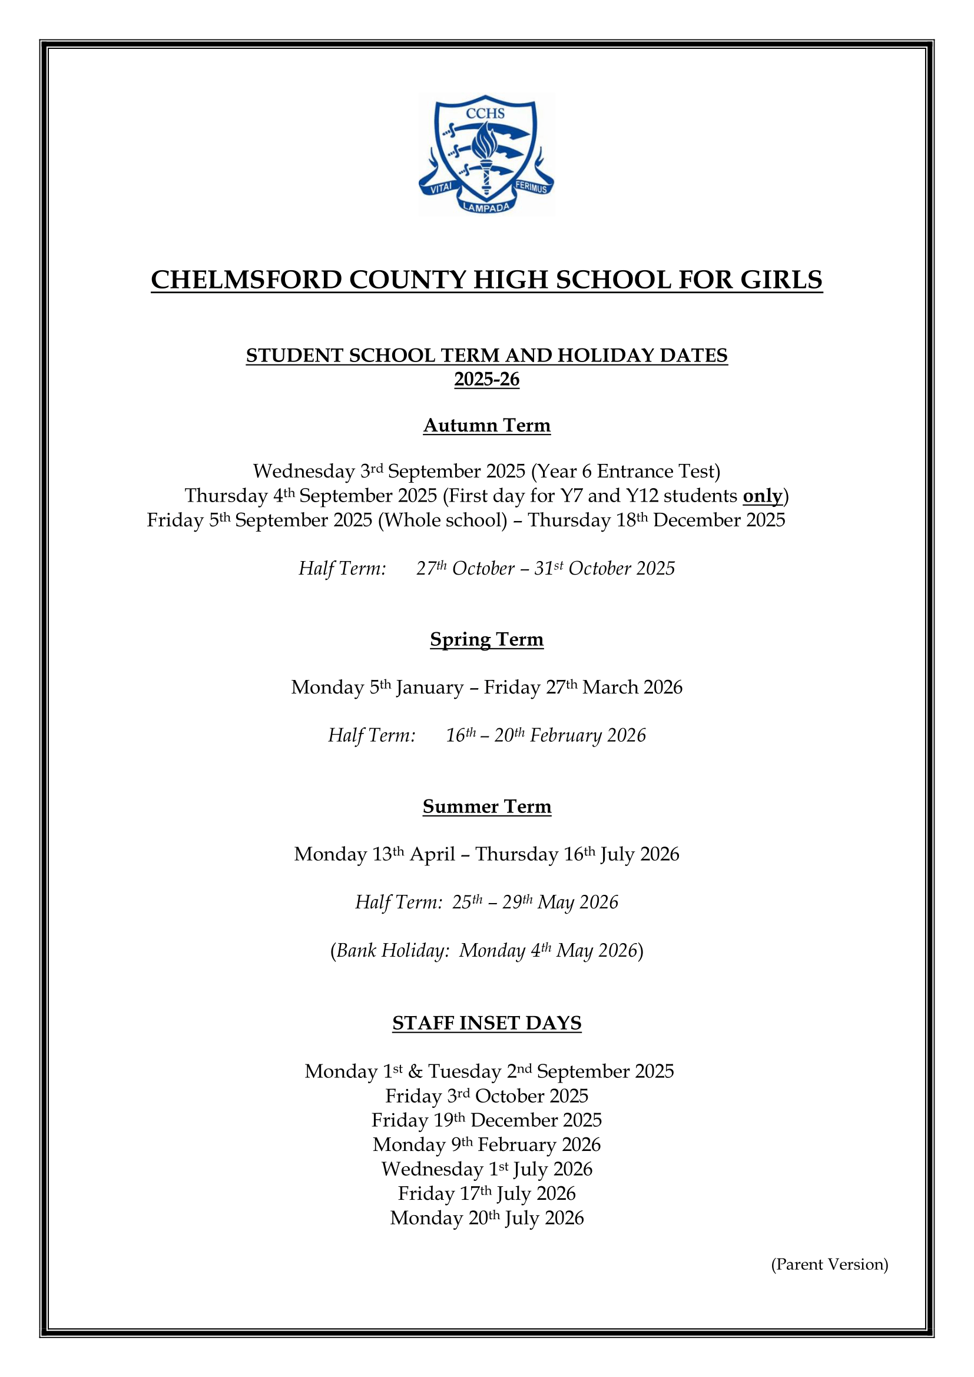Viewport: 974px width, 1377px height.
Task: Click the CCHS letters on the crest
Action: click(x=485, y=114)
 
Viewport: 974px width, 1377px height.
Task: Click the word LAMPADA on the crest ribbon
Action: click(x=486, y=207)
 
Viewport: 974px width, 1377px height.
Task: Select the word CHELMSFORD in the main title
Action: click(x=246, y=280)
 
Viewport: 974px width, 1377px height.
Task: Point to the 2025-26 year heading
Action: click(x=486, y=380)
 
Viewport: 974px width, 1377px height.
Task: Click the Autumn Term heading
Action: click(x=486, y=425)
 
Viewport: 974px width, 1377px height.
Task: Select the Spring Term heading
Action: click(x=486, y=639)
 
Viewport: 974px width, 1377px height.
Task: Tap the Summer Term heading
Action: click(x=486, y=806)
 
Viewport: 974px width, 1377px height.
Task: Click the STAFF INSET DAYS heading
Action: click(x=486, y=1023)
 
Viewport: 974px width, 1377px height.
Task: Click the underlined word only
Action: click(x=762, y=496)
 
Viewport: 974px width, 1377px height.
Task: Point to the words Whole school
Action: click(x=443, y=520)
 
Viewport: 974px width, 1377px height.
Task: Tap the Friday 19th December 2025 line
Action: click(x=486, y=1120)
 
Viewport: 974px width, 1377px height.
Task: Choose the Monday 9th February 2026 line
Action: click(x=486, y=1145)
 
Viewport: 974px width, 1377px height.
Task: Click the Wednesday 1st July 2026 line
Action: click(x=486, y=1170)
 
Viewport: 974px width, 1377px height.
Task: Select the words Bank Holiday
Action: click(x=393, y=951)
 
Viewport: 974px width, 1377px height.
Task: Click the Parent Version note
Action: click(x=830, y=1264)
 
